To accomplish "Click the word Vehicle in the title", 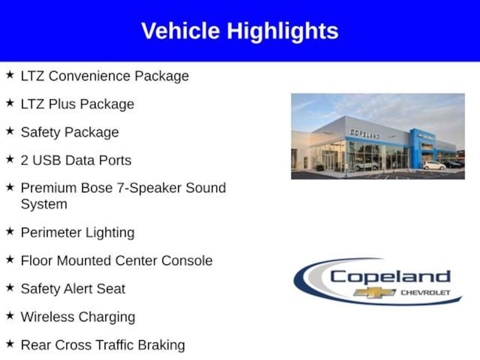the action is (x=180, y=31).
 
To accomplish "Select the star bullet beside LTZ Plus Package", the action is (x=10, y=103).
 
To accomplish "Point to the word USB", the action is (x=46, y=160).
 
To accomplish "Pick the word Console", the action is (x=187, y=261).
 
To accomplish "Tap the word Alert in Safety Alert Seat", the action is (x=79, y=289).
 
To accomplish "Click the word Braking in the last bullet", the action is (x=161, y=345).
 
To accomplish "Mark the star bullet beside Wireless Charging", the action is (x=10, y=315).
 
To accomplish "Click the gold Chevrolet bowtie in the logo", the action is (x=374, y=292).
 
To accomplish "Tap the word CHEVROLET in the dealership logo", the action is (x=426, y=292).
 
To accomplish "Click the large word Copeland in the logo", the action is (x=390, y=277).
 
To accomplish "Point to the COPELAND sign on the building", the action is (x=365, y=134).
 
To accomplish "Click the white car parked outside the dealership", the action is (x=434, y=165).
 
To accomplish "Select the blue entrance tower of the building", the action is (x=422, y=148).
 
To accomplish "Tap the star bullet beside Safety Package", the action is (x=10, y=131).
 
